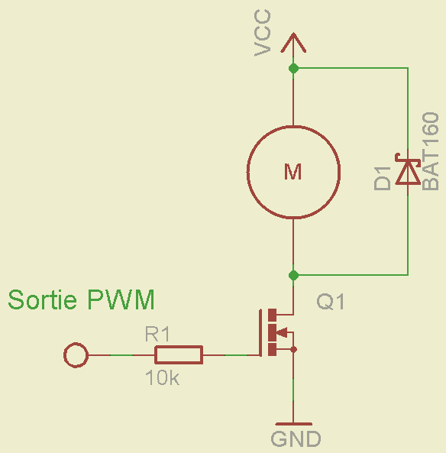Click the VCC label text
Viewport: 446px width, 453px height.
[263, 34]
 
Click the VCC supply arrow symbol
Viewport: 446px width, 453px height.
[292, 44]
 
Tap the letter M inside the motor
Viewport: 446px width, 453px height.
[292, 172]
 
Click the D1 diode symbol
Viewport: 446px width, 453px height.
[407, 171]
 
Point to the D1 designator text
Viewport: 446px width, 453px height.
[382, 177]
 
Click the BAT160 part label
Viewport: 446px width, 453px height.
[431, 151]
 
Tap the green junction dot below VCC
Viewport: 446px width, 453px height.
[292, 69]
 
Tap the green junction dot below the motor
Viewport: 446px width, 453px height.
[292, 274]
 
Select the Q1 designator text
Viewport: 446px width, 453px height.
[331, 303]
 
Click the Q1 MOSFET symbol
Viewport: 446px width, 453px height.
[276, 332]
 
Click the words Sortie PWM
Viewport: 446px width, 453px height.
[81, 299]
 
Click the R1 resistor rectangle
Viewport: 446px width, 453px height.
[179, 354]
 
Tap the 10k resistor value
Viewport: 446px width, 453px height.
[162, 377]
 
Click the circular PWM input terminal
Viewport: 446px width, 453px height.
[76, 355]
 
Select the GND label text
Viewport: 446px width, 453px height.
[296, 439]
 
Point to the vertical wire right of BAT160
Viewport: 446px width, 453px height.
[407, 229]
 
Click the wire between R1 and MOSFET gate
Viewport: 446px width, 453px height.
[229, 355]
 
